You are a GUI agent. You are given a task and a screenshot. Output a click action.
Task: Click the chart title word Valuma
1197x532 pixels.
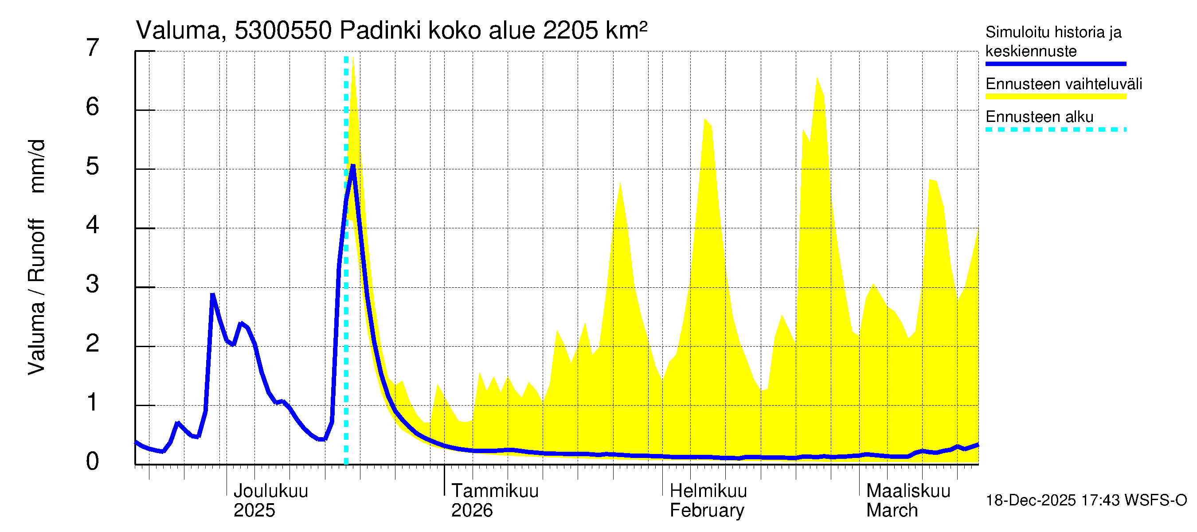pos(178,31)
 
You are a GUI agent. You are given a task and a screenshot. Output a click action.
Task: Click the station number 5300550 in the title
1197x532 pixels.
pos(283,31)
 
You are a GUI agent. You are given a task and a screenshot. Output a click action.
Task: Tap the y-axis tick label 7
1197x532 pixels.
pos(93,48)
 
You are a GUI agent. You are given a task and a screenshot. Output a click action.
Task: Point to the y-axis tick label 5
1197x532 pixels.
pos(93,166)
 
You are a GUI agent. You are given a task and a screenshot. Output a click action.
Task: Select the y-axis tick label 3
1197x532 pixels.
pos(93,284)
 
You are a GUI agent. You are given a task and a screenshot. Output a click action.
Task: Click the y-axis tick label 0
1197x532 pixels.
pos(93,462)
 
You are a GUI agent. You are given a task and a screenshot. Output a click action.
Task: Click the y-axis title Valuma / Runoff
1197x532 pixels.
pos(37,297)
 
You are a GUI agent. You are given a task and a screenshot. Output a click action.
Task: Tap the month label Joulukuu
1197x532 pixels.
pos(270,491)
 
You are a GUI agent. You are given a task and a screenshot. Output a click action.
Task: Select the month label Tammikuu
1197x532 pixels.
pos(495,491)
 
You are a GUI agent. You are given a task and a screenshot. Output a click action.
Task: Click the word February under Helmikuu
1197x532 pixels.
pos(707,511)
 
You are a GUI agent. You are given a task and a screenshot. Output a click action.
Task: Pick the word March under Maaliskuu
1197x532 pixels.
pos(892,511)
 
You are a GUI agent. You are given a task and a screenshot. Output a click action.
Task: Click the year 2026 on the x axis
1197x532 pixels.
pos(472,511)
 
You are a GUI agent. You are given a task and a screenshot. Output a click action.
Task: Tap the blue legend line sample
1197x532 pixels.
pos(1055,64)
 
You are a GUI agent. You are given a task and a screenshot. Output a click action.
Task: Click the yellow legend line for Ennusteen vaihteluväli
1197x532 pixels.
pos(1055,97)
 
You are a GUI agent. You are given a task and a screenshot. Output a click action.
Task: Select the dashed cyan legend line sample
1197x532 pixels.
pos(1055,129)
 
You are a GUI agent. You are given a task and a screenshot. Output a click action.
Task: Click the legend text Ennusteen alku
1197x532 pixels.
pos(1040,117)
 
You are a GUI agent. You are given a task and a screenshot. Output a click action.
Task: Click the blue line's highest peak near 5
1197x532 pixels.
pos(353,166)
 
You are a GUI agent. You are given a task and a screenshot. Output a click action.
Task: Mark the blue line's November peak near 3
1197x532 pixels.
pos(213,294)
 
